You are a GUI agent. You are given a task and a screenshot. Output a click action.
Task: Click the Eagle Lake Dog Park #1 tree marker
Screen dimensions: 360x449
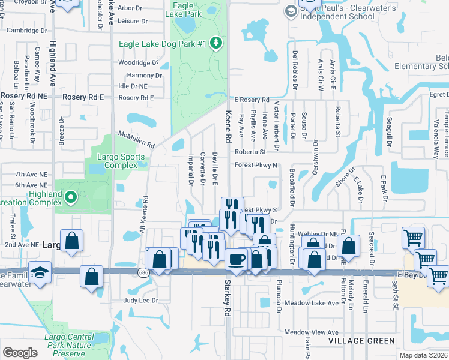click(217, 43)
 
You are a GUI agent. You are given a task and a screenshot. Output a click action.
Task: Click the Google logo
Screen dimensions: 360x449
click(20, 353)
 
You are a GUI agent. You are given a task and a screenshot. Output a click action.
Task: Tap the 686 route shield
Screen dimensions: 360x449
click(143, 272)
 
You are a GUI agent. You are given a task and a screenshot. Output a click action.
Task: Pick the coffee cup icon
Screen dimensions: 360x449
click(236, 259)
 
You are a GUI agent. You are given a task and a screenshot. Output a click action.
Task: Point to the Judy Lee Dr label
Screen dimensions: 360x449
click(140, 301)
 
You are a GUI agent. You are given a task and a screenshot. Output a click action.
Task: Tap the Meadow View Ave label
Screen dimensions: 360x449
click(312, 332)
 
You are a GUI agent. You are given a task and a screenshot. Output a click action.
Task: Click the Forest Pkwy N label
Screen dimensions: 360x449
click(256, 165)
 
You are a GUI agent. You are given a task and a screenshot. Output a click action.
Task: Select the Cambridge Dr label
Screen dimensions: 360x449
click(27, 31)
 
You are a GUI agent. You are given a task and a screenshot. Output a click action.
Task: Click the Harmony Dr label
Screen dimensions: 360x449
click(144, 76)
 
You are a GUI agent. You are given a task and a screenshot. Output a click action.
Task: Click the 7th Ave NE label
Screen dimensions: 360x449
click(31, 174)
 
